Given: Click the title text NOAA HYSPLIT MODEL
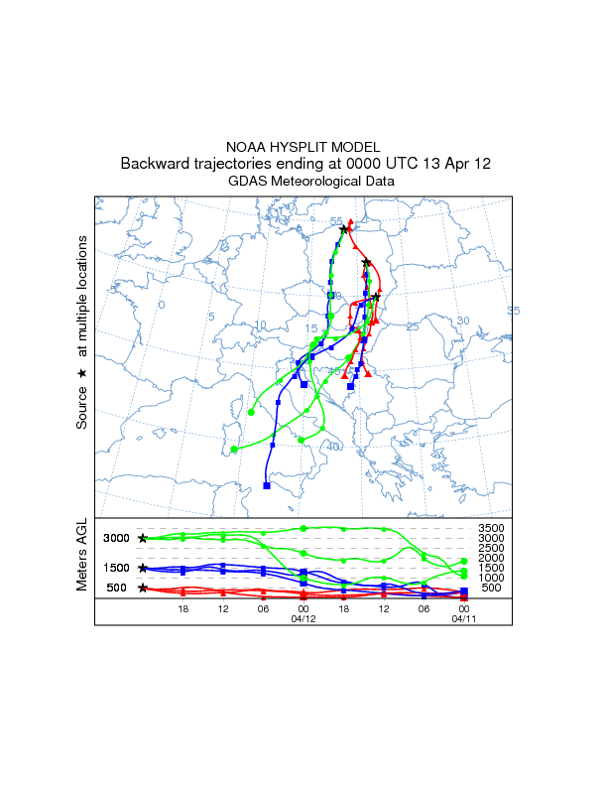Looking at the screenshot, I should [303, 147].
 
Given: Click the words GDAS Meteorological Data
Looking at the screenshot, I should [311, 182].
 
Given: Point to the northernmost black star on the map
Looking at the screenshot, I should [344, 230].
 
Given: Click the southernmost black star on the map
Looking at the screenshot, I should [376, 297].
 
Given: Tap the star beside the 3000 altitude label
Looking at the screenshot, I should [144, 538].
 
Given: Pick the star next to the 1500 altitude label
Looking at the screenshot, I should [144, 568].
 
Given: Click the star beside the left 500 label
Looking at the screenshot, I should [144, 588].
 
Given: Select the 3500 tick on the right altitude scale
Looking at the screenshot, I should [491, 528].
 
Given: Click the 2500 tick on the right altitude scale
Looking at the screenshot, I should [491, 548].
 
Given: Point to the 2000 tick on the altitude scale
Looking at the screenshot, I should [491, 558].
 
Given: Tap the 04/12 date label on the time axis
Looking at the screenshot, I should [303, 618].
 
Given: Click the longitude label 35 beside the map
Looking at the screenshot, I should [513, 312].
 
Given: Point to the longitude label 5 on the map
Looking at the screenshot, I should [211, 317].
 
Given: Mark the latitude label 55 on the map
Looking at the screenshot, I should [336, 221].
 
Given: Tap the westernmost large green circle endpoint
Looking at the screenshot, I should [234, 450].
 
